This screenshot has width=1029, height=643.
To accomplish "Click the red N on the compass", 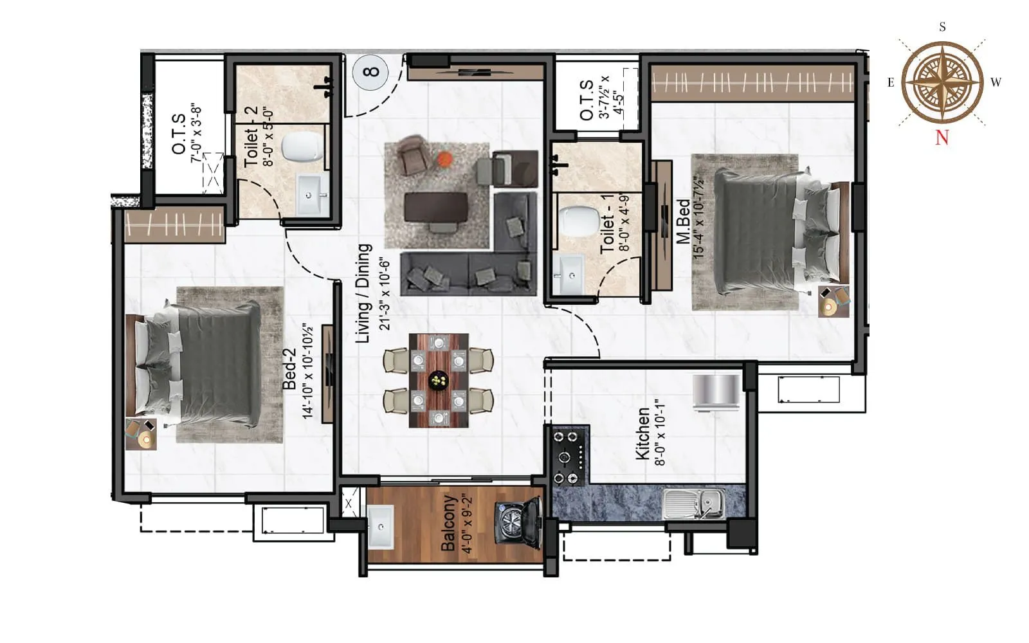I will coord(942,137).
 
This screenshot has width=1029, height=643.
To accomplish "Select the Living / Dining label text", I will coord(364,293).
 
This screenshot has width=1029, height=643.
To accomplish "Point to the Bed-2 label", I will coord(290,369).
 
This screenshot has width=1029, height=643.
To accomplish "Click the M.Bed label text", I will coord(683,221).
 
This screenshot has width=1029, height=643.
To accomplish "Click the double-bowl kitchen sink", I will coord(695,503).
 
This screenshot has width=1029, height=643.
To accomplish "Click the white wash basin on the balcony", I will coord(381,527).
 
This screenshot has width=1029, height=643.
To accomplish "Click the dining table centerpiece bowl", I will coord(439,381).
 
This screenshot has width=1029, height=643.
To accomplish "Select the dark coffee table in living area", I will coord(435,208).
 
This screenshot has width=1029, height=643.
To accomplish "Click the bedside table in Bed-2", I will coord(141,433).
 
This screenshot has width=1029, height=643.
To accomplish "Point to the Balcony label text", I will coord(448,523).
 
